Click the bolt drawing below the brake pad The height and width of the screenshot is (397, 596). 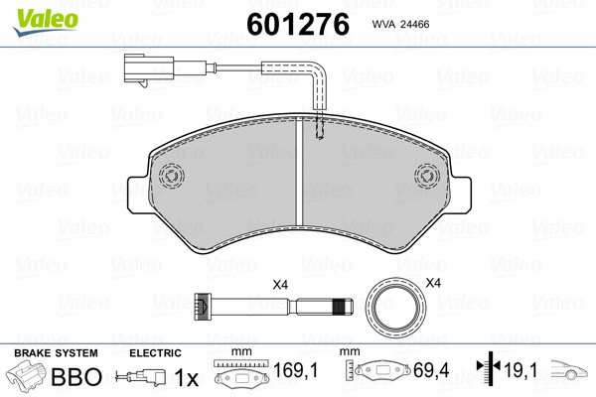coord(273,307)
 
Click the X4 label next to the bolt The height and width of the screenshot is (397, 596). coord(280,286)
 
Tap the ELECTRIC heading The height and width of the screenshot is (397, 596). coord(156,353)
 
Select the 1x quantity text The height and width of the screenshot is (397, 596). coord(186,378)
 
